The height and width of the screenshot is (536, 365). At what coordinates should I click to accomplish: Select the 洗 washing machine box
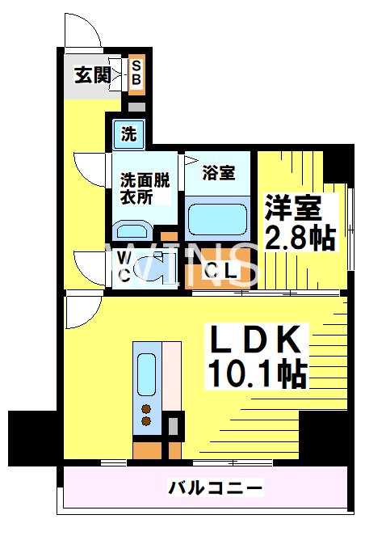(x=129, y=134)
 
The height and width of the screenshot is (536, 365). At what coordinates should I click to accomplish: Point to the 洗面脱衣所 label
(x=145, y=188)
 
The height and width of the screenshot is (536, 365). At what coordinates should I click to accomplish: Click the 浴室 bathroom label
(x=218, y=172)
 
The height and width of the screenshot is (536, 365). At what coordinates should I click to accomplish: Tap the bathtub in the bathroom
(x=216, y=218)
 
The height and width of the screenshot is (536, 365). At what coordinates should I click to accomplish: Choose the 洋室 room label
(x=296, y=208)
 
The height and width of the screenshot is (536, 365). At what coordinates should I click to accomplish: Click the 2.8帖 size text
(x=300, y=237)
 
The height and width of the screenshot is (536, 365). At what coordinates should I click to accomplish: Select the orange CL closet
(x=219, y=272)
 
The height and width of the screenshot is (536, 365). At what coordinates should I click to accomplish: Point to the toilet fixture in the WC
(x=149, y=267)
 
